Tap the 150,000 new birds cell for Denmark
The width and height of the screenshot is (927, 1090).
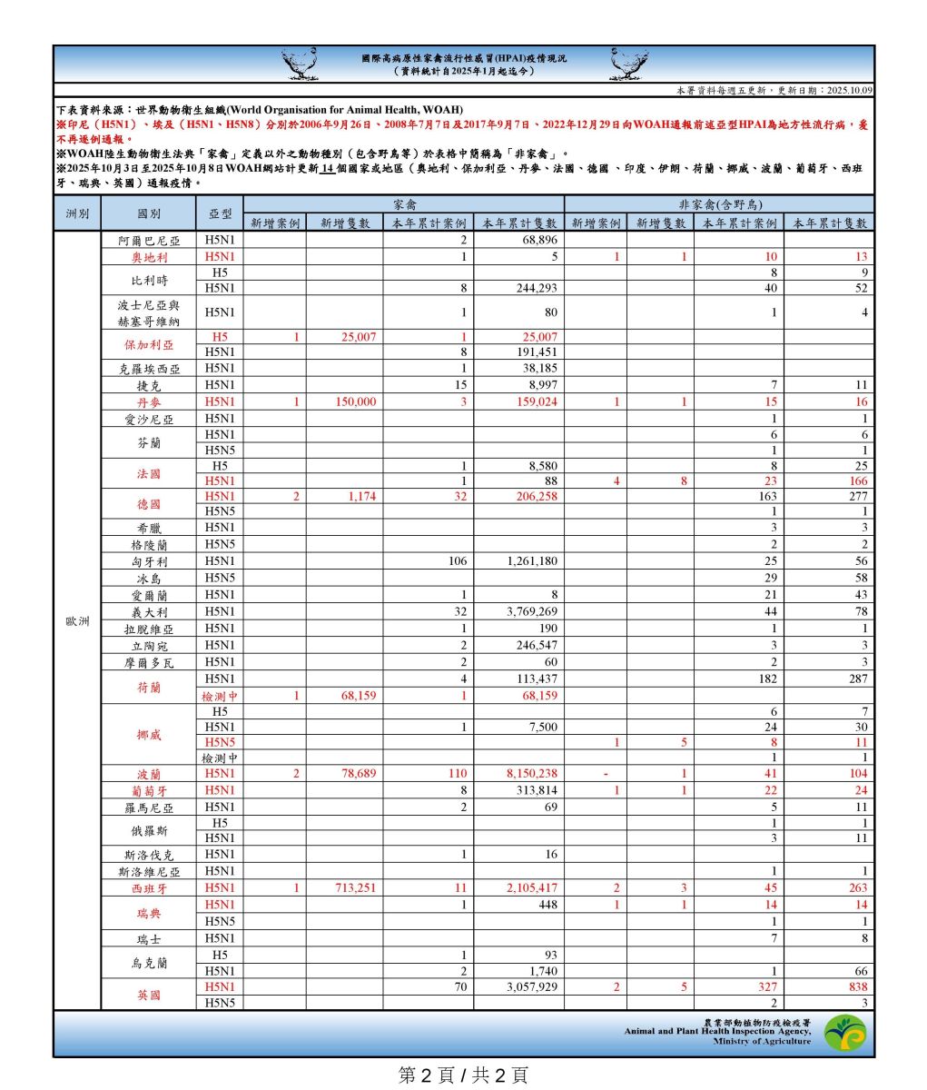click(x=355, y=401)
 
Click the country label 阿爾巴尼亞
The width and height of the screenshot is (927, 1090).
click(x=149, y=241)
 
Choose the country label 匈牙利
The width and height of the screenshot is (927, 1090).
click(x=149, y=561)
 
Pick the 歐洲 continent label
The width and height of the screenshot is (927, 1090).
click(x=77, y=621)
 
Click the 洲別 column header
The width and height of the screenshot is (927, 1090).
click(x=77, y=214)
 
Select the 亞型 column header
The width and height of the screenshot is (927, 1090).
click(x=220, y=214)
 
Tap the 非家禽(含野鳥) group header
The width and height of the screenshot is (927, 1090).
click(x=718, y=205)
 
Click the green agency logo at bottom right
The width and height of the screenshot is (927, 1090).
click(x=844, y=1033)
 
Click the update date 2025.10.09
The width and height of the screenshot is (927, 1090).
click(x=849, y=91)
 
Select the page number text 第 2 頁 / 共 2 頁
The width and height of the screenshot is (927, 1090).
click(x=463, y=1075)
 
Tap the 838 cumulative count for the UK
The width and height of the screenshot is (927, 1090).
click(x=856, y=986)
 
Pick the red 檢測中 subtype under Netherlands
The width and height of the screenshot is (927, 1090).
click(x=220, y=696)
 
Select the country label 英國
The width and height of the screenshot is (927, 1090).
click(x=149, y=995)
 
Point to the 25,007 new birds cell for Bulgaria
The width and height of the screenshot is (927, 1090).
click(x=355, y=337)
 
